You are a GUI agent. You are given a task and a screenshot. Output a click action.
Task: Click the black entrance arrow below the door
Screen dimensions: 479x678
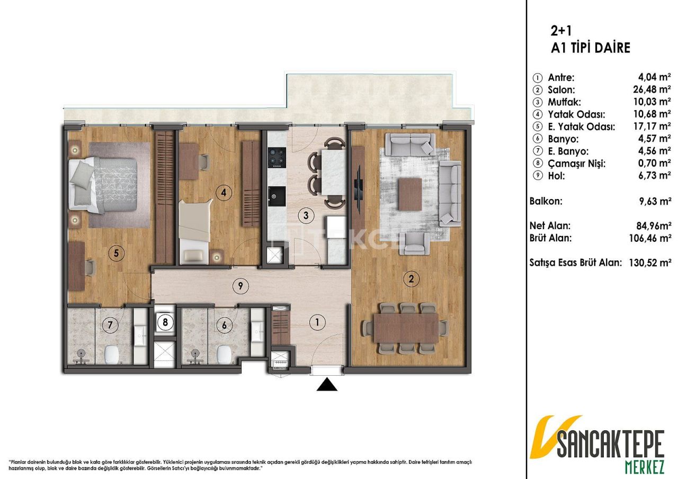327,385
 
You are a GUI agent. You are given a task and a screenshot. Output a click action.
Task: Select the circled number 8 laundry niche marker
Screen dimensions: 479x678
165,323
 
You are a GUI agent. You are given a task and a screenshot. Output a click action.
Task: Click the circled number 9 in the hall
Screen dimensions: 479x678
240,286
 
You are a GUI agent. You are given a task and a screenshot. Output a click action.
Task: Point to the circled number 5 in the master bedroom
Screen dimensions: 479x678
117,254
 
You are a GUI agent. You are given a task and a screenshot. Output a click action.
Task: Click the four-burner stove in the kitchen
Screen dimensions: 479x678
276,157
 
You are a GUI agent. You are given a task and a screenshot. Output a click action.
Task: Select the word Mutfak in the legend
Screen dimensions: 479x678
564,102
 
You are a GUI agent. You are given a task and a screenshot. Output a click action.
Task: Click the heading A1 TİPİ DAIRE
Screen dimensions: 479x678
591,48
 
